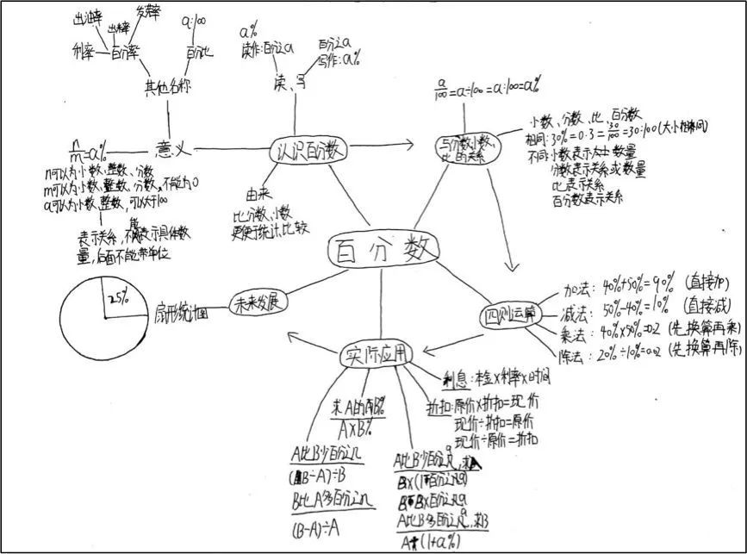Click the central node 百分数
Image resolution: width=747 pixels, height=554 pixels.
point(383,251)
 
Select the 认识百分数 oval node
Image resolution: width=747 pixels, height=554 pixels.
point(309,149)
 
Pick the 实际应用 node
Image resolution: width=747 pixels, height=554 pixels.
point(377,353)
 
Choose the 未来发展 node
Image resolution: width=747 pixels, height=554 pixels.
point(257,302)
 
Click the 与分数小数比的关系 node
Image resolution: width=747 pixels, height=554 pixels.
point(464,147)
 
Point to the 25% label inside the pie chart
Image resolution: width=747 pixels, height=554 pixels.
point(118,296)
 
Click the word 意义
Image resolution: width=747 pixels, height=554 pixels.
point(171,150)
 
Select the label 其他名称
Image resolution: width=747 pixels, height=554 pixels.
point(167,87)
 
